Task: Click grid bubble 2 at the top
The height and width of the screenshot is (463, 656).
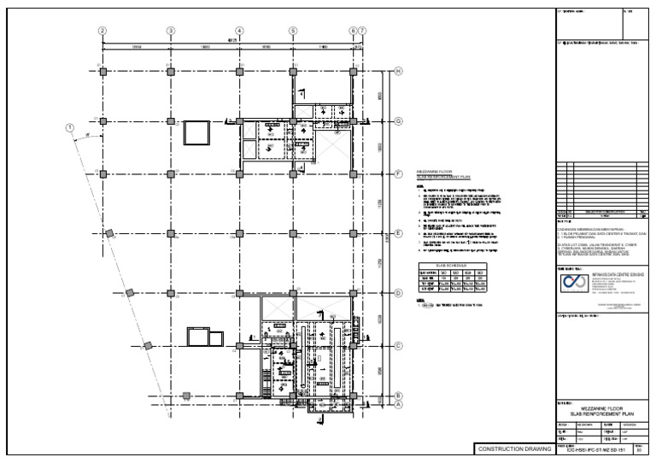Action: click(102, 31)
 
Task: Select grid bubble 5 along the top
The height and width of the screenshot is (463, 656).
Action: click(293, 31)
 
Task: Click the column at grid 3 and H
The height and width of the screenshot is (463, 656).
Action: click(171, 72)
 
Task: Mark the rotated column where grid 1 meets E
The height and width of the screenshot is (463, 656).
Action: click(109, 233)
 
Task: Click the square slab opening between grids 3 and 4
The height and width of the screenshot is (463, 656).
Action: click(196, 133)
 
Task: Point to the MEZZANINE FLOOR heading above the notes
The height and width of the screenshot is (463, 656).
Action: click(434, 172)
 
